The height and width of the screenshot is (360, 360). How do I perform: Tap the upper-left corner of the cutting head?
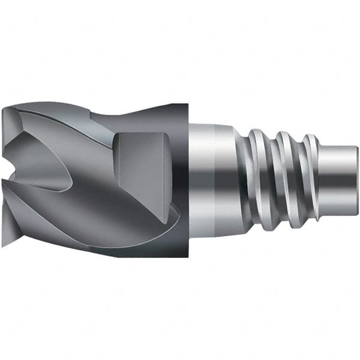pyautogui.click(x=5, y=107)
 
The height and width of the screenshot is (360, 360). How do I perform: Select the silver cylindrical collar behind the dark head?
pyautogui.click(x=207, y=180)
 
